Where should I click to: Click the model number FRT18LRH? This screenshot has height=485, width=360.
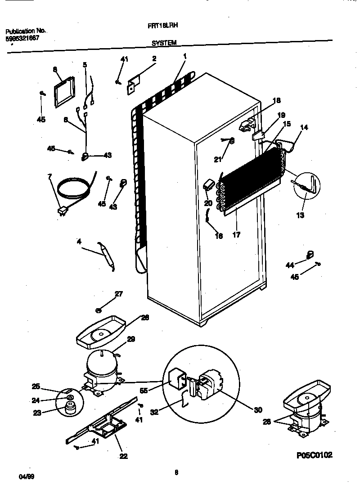tap(162, 27)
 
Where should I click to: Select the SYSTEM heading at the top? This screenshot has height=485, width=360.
tap(163, 43)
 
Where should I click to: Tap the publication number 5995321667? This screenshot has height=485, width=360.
tap(22, 39)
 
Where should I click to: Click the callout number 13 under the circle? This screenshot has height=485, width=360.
tap(300, 215)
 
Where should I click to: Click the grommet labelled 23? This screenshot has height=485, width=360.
tap(69, 408)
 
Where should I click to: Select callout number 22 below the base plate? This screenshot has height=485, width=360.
tap(123, 456)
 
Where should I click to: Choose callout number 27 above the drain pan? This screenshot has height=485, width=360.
tap(118, 294)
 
